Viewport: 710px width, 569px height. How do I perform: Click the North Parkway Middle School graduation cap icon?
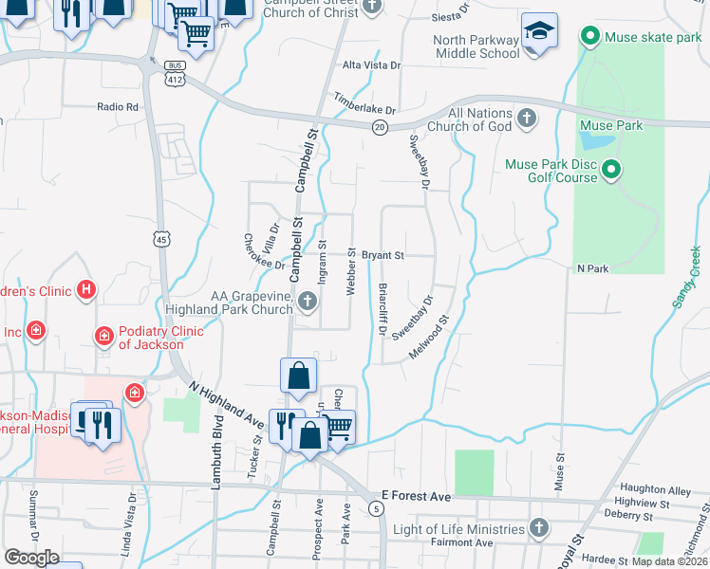[x=539, y=32]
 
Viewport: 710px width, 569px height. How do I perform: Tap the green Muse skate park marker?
[x=589, y=38]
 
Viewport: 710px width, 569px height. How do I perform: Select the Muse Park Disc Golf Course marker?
[x=611, y=171]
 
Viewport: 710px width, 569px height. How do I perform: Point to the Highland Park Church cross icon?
[x=307, y=303]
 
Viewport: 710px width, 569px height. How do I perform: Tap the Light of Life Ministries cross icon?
[x=539, y=527]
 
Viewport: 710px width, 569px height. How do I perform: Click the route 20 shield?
[x=379, y=128]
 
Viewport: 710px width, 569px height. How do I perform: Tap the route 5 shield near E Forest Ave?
[x=378, y=510]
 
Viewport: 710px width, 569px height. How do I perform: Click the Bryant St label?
[x=383, y=255]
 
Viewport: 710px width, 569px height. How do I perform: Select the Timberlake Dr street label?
[x=364, y=103]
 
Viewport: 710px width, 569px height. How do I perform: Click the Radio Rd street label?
[x=118, y=107]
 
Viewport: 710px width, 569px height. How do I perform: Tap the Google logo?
[x=31, y=558]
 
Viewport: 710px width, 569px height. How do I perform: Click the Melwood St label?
[x=428, y=340]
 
